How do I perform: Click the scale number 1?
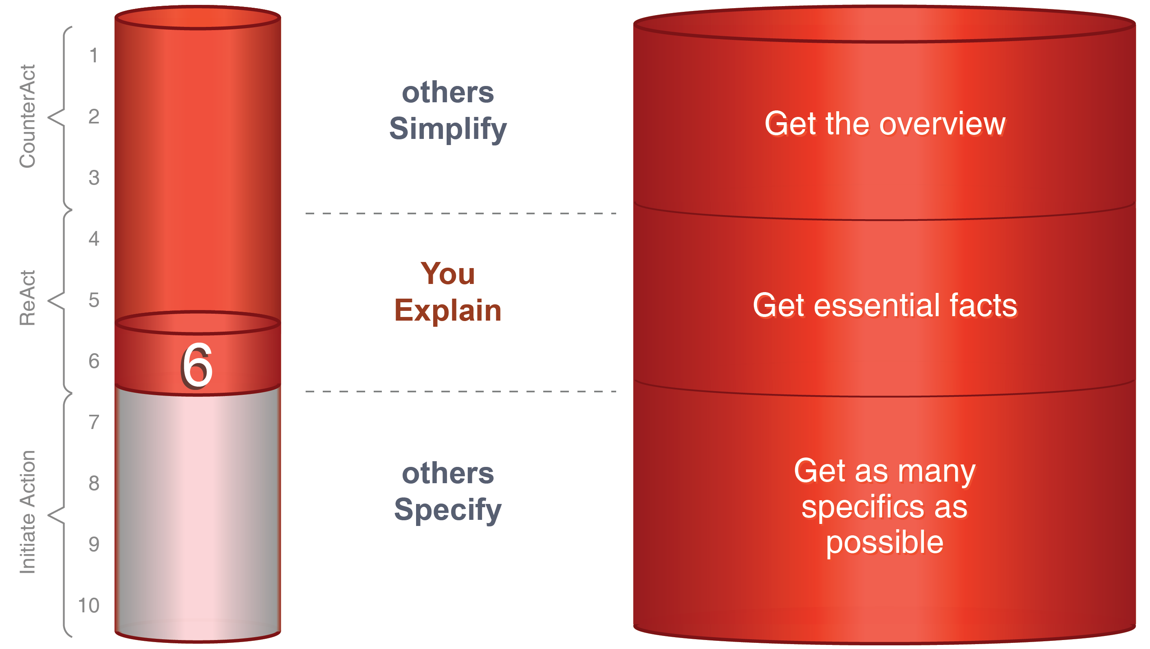click(x=94, y=56)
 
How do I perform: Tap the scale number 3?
click(x=94, y=178)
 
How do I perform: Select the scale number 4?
click(x=94, y=239)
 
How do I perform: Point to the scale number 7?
click(x=94, y=422)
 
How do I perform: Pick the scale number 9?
click(x=94, y=544)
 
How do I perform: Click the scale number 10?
click(x=89, y=605)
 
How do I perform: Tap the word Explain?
click(x=448, y=310)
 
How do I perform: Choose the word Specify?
click(x=448, y=510)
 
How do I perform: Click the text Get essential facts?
click(x=884, y=305)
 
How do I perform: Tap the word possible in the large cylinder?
click(x=884, y=543)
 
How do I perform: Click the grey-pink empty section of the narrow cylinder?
click(x=198, y=509)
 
